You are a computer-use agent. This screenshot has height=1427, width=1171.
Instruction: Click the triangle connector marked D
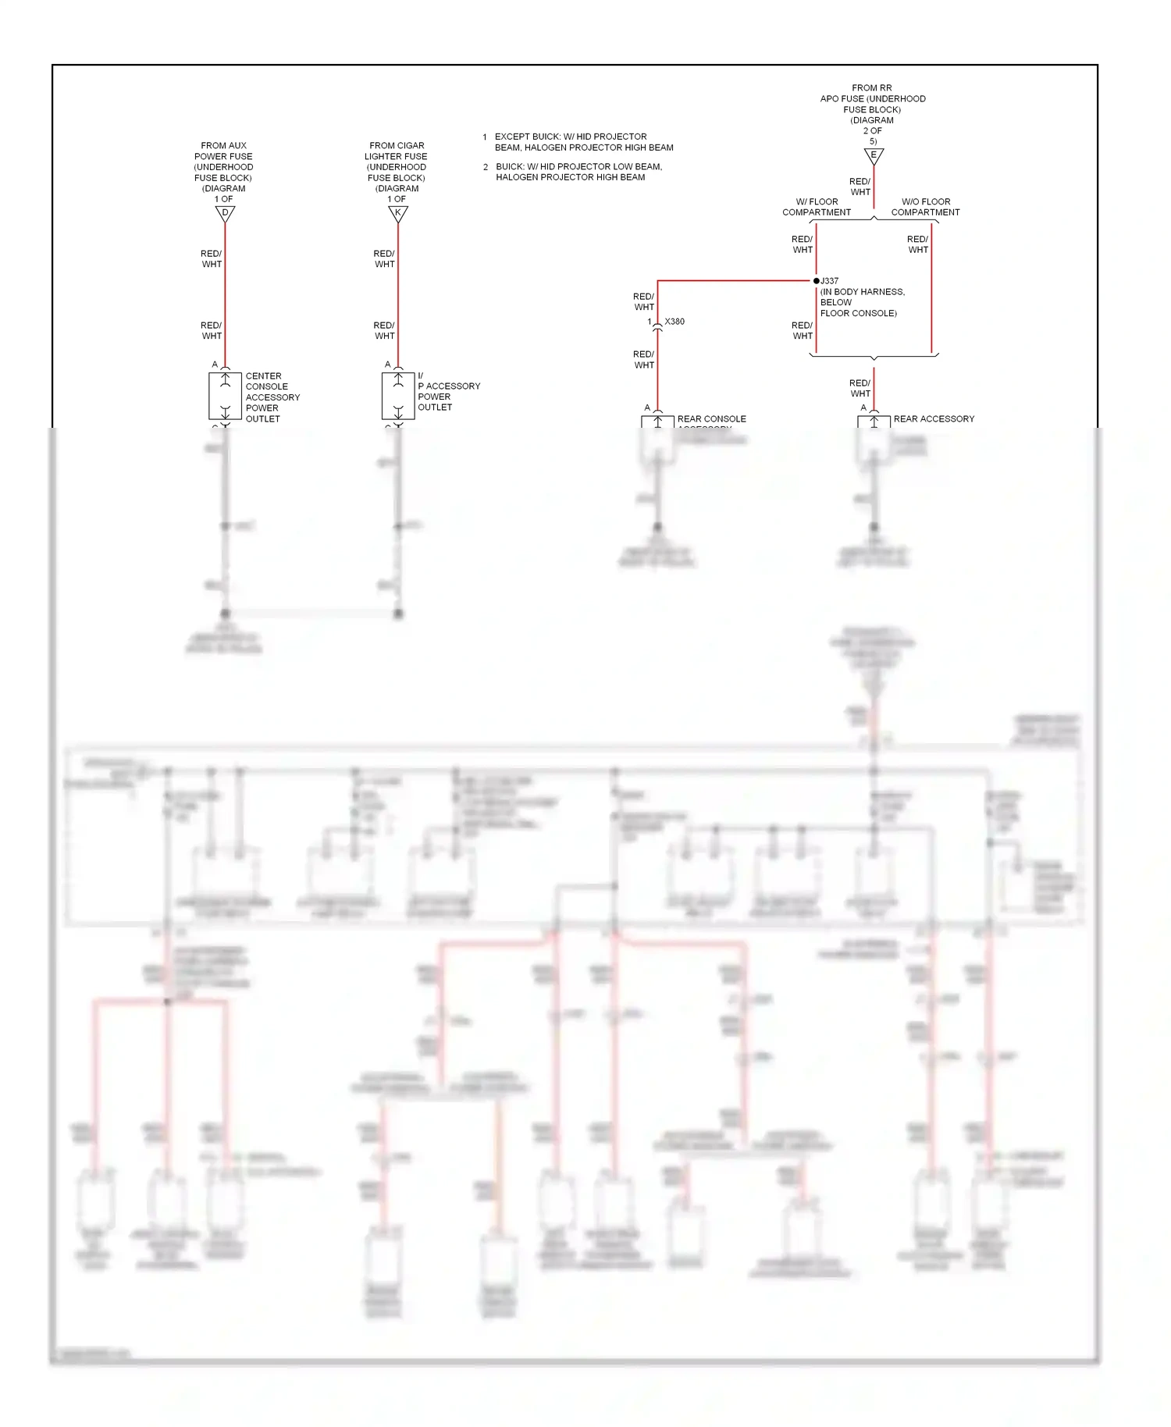pyautogui.click(x=225, y=213)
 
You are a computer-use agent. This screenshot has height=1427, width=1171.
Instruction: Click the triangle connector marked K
pyautogui.click(x=398, y=213)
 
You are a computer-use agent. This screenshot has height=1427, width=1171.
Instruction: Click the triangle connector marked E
pyautogui.click(x=874, y=155)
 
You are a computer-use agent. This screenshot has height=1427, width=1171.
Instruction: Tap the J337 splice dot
pyautogui.click(x=817, y=281)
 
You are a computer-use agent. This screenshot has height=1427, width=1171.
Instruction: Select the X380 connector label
pyautogui.click(x=674, y=322)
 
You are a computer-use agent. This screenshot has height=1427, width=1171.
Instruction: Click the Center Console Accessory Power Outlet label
pyautogui.click(x=272, y=397)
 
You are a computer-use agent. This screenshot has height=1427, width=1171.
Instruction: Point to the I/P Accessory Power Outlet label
pyautogui.click(x=448, y=392)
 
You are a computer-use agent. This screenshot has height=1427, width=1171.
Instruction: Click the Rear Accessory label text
pyautogui.click(x=934, y=419)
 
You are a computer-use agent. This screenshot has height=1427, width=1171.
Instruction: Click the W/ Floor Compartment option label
pyautogui.click(x=817, y=207)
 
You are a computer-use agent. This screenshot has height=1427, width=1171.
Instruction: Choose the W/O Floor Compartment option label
pyautogui.click(x=925, y=207)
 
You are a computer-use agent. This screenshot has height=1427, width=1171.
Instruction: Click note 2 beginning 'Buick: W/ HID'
pyautogui.click(x=578, y=172)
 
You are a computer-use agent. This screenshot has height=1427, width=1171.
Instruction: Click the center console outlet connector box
pyautogui.click(x=225, y=397)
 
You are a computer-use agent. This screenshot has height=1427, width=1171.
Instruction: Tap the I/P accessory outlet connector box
pyautogui.click(x=398, y=397)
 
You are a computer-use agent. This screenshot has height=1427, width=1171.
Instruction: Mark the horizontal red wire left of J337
pyautogui.click(x=734, y=280)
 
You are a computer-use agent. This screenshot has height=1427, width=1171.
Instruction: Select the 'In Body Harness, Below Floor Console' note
pyautogui.click(x=862, y=303)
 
